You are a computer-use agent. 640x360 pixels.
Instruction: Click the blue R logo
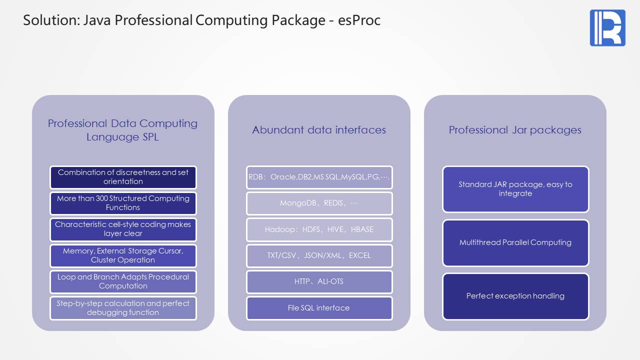coord(607,28)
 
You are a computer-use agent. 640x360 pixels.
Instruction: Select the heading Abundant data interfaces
coord(319,130)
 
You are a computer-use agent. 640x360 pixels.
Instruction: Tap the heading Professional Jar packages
coord(515,130)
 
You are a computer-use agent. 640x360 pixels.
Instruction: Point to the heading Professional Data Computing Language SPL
coord(122,130)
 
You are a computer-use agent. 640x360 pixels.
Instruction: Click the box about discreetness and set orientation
coord(123,177)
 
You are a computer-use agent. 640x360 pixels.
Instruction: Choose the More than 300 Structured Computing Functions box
coord(123,203)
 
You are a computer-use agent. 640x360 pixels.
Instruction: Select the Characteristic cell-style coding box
coord(123,229)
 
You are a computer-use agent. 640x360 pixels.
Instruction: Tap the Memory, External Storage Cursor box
coord(123,255)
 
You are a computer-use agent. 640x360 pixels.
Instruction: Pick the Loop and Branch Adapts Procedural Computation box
coord(123,281)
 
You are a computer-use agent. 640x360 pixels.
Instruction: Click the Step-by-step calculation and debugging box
coord(123,308)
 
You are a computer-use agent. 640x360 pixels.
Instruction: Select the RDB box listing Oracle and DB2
coord(319,177)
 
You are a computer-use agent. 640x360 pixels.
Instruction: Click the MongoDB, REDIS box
coord(319,203)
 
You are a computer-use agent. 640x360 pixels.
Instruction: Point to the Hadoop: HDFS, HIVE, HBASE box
coord(319,229)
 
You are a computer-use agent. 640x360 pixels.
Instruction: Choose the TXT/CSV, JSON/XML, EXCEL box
coord(319,255)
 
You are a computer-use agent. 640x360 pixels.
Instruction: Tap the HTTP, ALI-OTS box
coord(319,281)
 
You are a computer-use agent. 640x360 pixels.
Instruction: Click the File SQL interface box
coord(319,308)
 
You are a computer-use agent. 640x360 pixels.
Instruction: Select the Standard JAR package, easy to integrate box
coord(515,189)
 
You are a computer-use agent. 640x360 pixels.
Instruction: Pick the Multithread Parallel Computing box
coord(515,242)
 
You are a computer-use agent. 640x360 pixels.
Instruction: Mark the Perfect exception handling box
coord(515,296)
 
